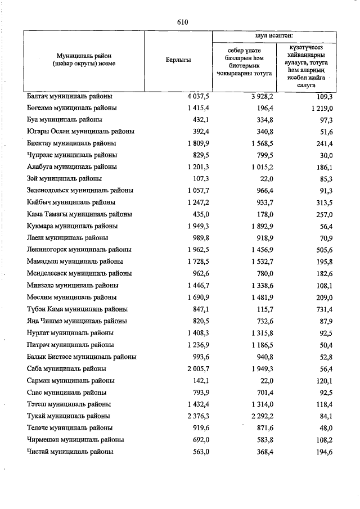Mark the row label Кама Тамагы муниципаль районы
(x=79, y=214)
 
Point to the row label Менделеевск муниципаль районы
(x=79, y=273)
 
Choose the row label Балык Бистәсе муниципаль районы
(x=82, y=357)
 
